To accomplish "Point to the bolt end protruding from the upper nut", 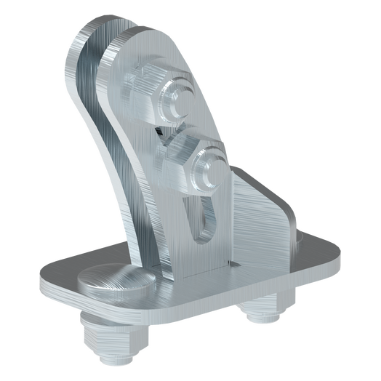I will click(x=176, y=102).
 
